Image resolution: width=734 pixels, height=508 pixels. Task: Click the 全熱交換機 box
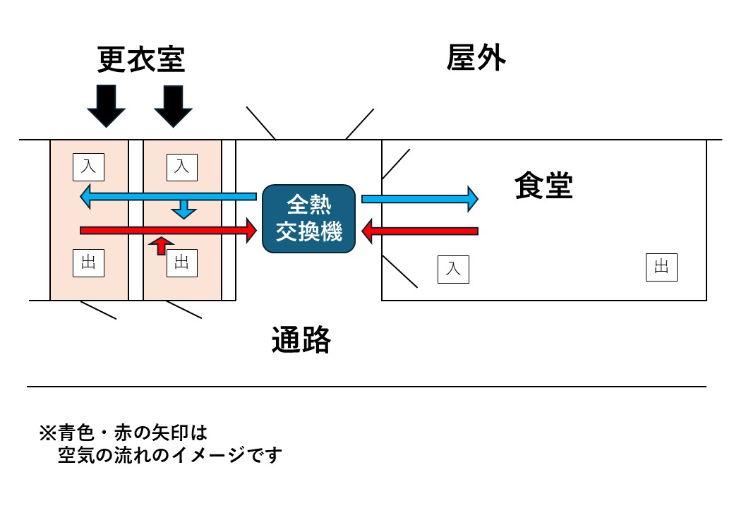308,218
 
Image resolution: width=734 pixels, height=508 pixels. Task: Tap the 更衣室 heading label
141,60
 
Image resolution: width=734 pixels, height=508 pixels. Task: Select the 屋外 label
476,58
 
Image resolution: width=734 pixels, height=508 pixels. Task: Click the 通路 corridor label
301,341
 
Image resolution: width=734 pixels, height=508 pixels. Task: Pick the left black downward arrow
106,104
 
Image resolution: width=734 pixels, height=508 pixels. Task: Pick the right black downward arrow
173,104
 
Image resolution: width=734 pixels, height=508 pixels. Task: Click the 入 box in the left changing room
88,167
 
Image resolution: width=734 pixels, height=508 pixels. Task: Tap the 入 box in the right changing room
181,167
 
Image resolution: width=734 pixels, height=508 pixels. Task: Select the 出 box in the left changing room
88,263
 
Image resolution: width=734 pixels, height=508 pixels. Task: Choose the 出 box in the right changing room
181,263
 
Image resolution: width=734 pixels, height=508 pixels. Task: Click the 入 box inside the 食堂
453,269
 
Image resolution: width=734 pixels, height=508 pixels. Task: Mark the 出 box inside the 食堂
661,267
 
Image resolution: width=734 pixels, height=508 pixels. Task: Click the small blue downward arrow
183,208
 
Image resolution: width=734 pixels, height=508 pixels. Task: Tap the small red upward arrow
162,245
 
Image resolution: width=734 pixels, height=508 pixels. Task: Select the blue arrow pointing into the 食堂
420,199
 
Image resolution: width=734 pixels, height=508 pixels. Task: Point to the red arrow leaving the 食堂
420,231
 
